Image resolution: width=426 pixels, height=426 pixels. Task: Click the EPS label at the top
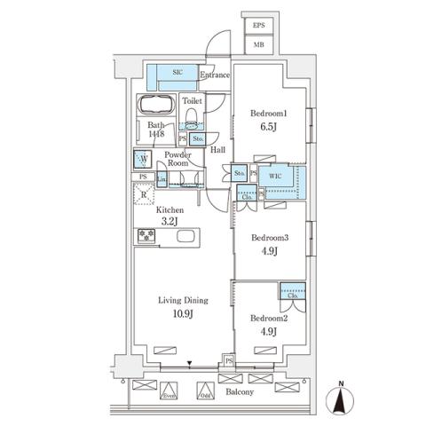coord(259,25)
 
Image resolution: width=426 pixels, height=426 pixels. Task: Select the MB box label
coord(259,43)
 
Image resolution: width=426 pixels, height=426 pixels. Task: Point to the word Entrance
coord(215,76)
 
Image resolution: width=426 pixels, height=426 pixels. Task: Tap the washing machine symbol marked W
coord(142,160)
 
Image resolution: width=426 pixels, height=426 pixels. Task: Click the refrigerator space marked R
coord(145,191)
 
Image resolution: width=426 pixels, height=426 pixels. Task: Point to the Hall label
coord(217,150)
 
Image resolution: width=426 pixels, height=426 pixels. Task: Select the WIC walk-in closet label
coord(276,176)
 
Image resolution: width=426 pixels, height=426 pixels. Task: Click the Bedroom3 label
coord(270,238)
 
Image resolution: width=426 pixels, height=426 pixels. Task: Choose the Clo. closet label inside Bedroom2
coord(291,296)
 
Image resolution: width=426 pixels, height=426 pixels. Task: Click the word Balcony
coord(239,391)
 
